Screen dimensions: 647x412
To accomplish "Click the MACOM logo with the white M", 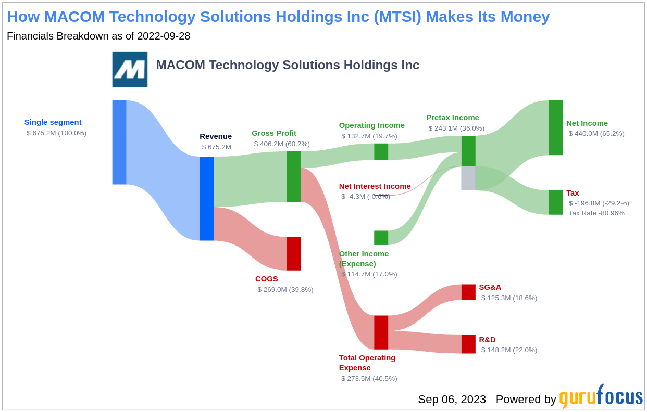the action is (x=130, y=70).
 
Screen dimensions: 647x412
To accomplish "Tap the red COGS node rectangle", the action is (x=294, y=254).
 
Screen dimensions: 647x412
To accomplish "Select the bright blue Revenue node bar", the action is (x=206, y=199).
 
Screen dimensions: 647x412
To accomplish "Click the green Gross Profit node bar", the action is (x=294, y=176).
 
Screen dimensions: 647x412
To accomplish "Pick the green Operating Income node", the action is (x=381, y=152).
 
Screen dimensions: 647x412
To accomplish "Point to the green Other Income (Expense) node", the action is (x=381, y=238).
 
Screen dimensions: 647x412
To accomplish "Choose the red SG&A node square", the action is (x=468, y=292).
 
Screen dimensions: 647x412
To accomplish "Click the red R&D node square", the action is (x=468, y=344).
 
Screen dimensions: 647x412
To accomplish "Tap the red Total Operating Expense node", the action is (x=381, y=332).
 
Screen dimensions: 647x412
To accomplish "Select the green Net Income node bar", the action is (x=556, y=128).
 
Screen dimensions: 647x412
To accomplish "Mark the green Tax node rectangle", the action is (x=556, y=202).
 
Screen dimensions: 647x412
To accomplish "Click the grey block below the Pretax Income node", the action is (x=468, y=178).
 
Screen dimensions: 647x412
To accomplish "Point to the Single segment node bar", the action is (x=119, y=142).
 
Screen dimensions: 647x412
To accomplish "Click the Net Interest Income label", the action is (x=375, y=186).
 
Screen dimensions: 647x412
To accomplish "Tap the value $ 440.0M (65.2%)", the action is (x=596, y=134).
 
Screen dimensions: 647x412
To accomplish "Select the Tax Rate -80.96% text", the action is (x=596, y=213).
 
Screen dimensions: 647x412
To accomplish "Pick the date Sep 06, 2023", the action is (x=452, y=400).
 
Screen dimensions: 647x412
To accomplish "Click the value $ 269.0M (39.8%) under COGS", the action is (x=285, y=290).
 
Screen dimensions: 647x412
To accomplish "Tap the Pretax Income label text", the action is (x=453, y=118).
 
